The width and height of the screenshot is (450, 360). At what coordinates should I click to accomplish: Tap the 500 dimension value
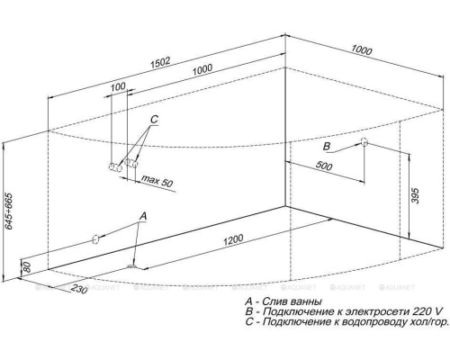[x=326, y=167]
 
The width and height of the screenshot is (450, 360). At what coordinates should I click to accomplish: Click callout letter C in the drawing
[x=154, y=120]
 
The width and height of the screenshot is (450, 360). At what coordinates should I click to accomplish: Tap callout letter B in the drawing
[x=328, y=145]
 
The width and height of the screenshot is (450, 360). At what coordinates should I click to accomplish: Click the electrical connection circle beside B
[x=364, y=143]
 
